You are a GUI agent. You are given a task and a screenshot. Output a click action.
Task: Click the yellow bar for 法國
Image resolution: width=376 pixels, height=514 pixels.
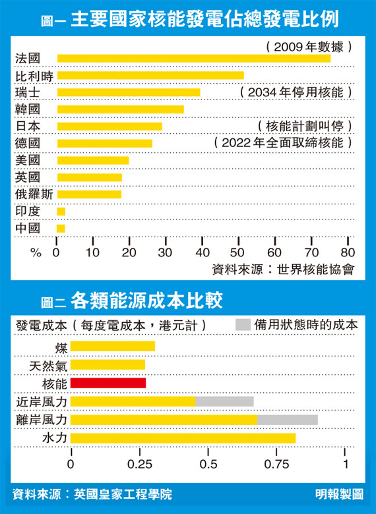click(x=194, y=59)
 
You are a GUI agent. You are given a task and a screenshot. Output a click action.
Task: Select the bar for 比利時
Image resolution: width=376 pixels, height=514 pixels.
click(x=150, y=75)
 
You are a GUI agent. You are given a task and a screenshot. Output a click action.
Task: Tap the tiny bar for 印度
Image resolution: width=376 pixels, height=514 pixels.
click(x=61, y=212)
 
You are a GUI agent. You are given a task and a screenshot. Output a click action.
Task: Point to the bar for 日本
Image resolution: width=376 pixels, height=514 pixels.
click(x=110, y=127)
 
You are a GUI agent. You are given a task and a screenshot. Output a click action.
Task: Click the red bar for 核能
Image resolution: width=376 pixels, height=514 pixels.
click(x=108, y=383)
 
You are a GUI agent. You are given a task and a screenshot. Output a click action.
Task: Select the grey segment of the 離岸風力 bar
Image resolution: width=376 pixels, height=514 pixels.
click(x=288, y=420)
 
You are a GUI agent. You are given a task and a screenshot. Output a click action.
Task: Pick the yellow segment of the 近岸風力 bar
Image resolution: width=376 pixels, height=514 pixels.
click(x=133, y=401)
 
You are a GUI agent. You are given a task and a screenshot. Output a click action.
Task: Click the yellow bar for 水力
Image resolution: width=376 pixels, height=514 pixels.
click(x=183, y=438)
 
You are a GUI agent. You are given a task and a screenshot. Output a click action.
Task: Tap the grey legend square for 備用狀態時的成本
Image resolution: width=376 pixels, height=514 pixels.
click(x=243, y=325)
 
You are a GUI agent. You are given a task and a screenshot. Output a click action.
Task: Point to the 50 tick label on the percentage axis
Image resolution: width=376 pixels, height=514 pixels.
click(x=239, y=252)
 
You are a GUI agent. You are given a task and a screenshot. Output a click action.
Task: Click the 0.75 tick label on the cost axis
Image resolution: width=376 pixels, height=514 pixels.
click(x=276, y=465)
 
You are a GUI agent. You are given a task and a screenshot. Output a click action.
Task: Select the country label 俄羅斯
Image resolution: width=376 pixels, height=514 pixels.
click(x=34, y=194)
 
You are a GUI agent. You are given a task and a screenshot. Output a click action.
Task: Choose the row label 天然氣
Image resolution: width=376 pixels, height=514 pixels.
click(x=48, y=366)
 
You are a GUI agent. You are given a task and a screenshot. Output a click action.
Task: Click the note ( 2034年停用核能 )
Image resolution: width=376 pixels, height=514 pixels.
click(x=296, y=92)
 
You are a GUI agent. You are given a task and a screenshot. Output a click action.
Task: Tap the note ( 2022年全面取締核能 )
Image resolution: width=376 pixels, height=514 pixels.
click(x=283, y=143)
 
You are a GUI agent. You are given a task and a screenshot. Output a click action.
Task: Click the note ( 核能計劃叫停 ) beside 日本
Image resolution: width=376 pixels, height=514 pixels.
click(x=305, y=127)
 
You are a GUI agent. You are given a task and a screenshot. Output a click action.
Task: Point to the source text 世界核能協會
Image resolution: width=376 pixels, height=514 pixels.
click(x=315, y=270)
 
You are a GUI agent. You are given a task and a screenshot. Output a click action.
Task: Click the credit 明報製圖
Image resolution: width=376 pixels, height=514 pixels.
click(x=339, y=494)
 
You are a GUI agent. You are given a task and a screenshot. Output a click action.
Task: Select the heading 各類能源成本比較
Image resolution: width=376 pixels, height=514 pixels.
click(x=146, y=300)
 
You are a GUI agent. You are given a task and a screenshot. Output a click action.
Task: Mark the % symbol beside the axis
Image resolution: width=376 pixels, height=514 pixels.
click(x=36, y=253)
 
